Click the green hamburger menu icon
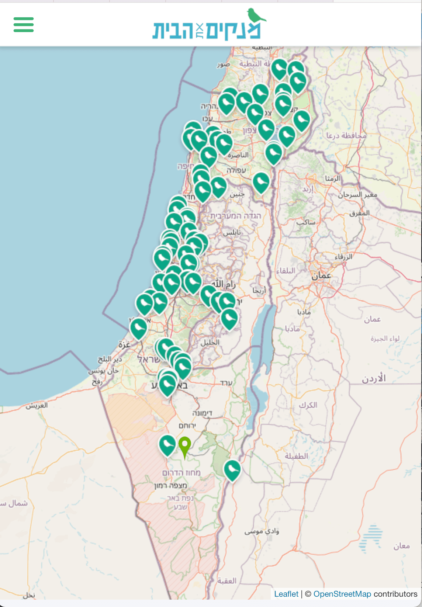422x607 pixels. click(x=24, y=25)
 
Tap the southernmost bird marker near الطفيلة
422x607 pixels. click(x=232, y=469)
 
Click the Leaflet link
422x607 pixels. click(x=286, y=594)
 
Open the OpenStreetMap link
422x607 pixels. click(x=342, y=594)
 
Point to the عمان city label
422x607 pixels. click(x=321, y=275)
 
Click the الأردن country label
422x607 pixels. click(x=373, y=378)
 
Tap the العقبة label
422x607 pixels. click(x=227, y=581)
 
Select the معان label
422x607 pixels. click(x=401, y=546)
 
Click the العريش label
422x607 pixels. click(x=37, y=405)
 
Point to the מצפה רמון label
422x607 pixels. click(x=170, y=485)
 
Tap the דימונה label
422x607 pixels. click(x=202, y=413)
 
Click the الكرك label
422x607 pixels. click(x=308, y=405)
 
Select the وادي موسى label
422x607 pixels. click(x=262, y=531)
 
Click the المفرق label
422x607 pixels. click(x=360, y=213)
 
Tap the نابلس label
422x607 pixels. click(x=232, y=232)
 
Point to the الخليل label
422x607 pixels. click(x=210, y=342)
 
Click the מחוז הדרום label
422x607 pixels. click(x=181, y=473)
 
